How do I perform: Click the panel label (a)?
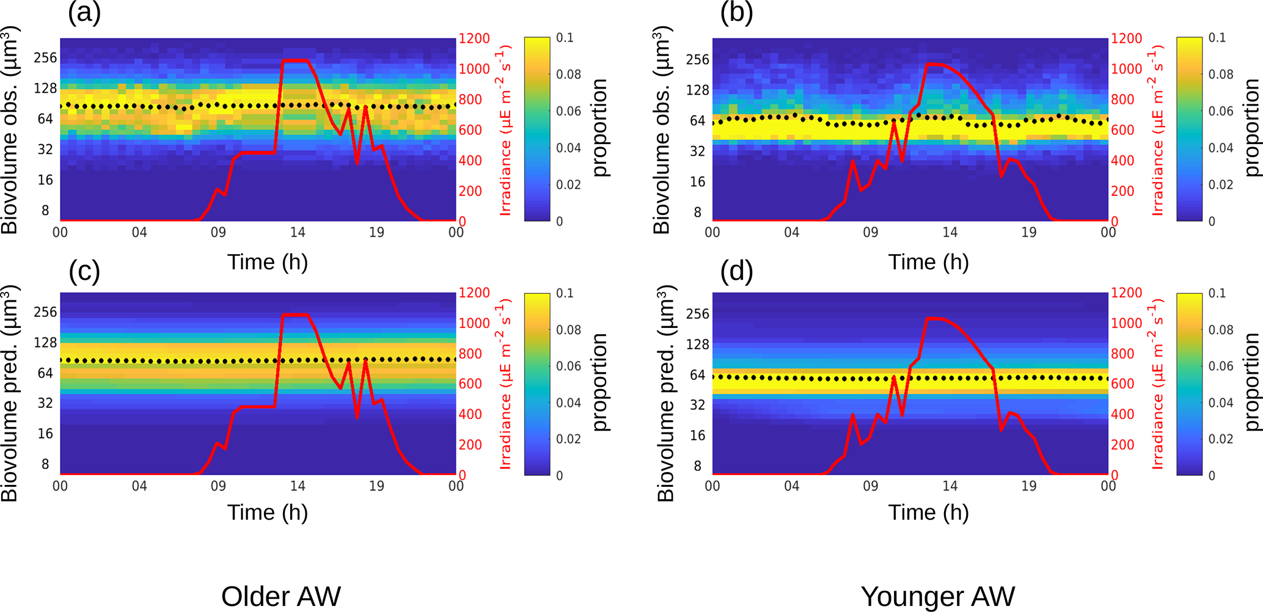click(84, 13)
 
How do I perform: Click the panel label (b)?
click(736, 13)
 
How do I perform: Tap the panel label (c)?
click(84, 271)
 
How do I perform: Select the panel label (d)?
click(736, 271)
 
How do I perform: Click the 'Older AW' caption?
click(280, 596)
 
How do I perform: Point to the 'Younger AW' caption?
click(937, 596)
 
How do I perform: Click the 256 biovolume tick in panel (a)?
click(45, 58)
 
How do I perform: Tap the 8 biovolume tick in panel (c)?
click(45, 464)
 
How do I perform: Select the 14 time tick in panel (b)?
click(950, 233)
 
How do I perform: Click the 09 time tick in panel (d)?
click(870, 486)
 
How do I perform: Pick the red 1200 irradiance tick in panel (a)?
click(474, 38)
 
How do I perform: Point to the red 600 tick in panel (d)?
click(1122, 384)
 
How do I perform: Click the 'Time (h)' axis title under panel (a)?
click(267, 262)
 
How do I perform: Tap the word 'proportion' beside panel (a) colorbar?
click(600, 128)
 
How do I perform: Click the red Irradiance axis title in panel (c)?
click(505, 384)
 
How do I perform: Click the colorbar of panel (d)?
click(1189, 384)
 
